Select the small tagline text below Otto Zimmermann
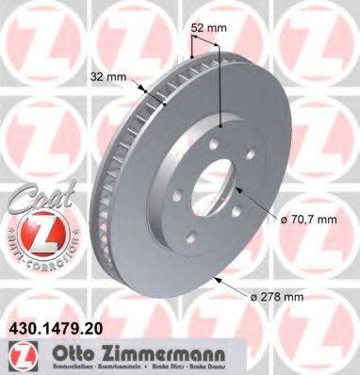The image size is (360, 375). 141,366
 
